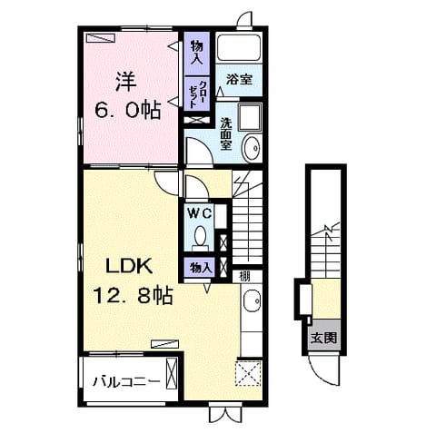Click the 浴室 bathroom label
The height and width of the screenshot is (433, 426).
pos(239,80)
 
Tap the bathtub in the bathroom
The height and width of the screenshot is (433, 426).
pos(239,47)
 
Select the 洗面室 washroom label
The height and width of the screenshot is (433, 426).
pos(226,134)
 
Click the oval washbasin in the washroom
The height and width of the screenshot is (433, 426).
pos(252,148)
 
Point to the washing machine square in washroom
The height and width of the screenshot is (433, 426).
pos(250,117)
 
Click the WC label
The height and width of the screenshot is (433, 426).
pos(199,214)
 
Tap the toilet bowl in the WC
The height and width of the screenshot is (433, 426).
pos(200,237)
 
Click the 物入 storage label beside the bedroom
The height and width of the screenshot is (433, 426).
pos(196,53)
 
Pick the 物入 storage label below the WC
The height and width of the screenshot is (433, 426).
pos(200,268)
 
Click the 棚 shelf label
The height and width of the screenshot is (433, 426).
pos(244,276)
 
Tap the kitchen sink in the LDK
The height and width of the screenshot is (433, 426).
pos(252,300)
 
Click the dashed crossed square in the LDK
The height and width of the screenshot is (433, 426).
pos(249,373)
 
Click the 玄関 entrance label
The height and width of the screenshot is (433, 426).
pos(324,338)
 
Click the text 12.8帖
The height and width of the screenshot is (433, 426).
pos(133,295)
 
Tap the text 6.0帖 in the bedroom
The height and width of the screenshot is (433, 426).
pos(127,111)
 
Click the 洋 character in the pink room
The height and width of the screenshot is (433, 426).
pos(126,81)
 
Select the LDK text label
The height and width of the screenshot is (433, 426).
pos(129,267)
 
